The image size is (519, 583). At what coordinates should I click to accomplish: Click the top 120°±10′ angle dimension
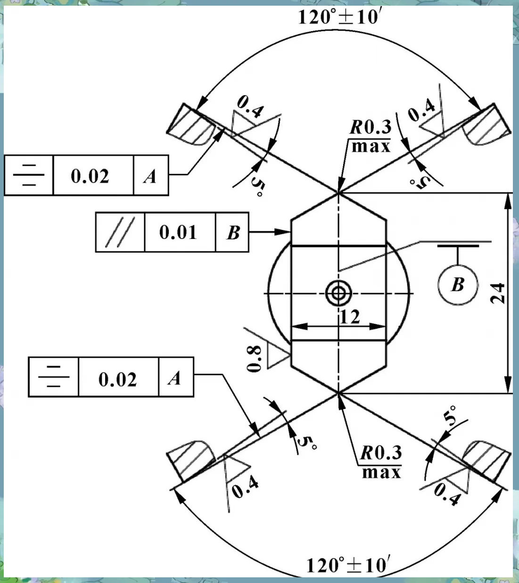pyautogui.click(x=339, y=17)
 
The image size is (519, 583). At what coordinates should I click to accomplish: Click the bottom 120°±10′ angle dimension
pyautogui.click(x=348, y=565)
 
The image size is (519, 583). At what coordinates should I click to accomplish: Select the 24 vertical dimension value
pyautogui.click(x=497, y=293)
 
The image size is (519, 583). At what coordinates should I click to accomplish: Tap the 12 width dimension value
pyautogui.click(x=350, y=317)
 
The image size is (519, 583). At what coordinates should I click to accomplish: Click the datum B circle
pyautogui.click(x=458, y=284)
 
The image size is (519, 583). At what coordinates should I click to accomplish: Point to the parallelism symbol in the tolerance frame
pyautogui.click(x=120, y=232)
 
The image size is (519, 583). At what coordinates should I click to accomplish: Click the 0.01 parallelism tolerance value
pyautogui.click(x=178, y=232)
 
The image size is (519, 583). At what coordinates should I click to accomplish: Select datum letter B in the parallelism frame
pyautogui.click(x=233, y=232)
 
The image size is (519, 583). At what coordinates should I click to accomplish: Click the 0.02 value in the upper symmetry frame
pyautogui.click(x=90, y=176)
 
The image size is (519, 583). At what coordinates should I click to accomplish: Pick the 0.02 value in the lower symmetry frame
pyautogui.click(x=117, y=379)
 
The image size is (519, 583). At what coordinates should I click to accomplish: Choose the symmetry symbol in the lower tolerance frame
pyautogui.click(x=54, y=377)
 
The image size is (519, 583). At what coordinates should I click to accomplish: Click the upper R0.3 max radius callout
pyautogui.click(x=371, y=136)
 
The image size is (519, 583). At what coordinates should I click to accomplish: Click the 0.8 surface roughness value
pyautogui.click(x=254, y=358)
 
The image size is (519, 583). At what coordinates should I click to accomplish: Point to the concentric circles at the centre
pyautogui.click(x=338, y=293)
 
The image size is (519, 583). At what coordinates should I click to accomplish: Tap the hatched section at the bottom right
pyautogui.click(x=486, y=461)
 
